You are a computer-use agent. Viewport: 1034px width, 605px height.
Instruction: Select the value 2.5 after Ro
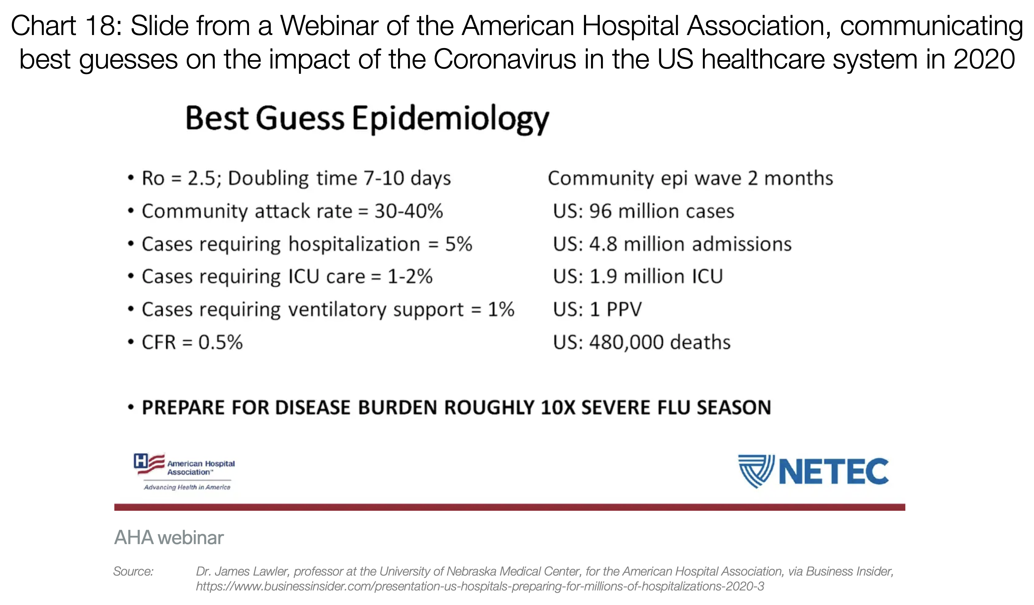[x=201, y=179]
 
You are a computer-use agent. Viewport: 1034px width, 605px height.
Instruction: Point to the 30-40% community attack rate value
[x=408, y=211]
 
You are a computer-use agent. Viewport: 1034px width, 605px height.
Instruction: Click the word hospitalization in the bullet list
[x=354, y=244]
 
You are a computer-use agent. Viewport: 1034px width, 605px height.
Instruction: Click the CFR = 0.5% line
[x=192, y=342]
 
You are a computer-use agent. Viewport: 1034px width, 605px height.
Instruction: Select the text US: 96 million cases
[x=643, y=211]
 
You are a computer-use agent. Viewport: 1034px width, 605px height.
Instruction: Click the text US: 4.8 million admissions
[x=672, y=244]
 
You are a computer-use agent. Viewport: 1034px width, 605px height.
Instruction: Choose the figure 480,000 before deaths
[x=626, y=342]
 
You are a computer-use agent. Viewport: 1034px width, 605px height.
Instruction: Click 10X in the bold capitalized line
[x=558, y=408]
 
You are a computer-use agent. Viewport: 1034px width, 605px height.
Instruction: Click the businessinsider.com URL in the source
[x=480, y=586]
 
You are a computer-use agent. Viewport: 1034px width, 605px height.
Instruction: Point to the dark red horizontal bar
[x=509, y=507]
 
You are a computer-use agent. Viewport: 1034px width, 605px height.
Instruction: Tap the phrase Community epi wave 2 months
[x=690, y=179]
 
